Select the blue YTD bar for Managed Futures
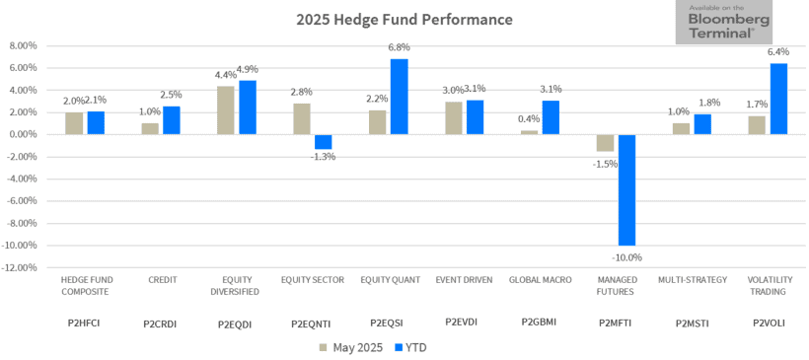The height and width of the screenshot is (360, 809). coord(626,189)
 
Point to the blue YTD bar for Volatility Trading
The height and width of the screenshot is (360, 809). coord(778,99)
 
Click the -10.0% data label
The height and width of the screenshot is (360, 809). coord(626,257)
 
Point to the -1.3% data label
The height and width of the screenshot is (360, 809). coord(324,156)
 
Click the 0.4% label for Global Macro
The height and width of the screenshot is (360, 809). coord(532,119)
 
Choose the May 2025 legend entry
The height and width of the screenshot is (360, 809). coord(351,347)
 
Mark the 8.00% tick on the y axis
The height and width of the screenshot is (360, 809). coord(22,45)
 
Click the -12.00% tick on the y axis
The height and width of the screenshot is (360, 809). coord(20,267)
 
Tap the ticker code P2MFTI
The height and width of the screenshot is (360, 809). coord(616,322)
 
